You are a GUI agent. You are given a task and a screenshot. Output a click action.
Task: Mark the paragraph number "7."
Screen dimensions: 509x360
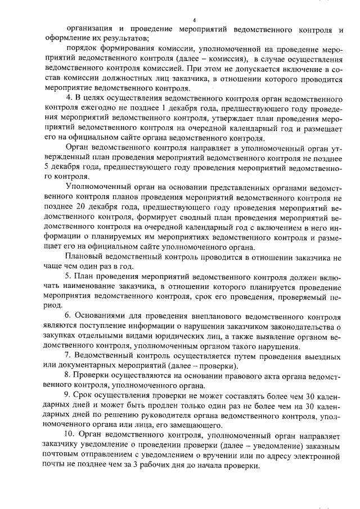(69, 357)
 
